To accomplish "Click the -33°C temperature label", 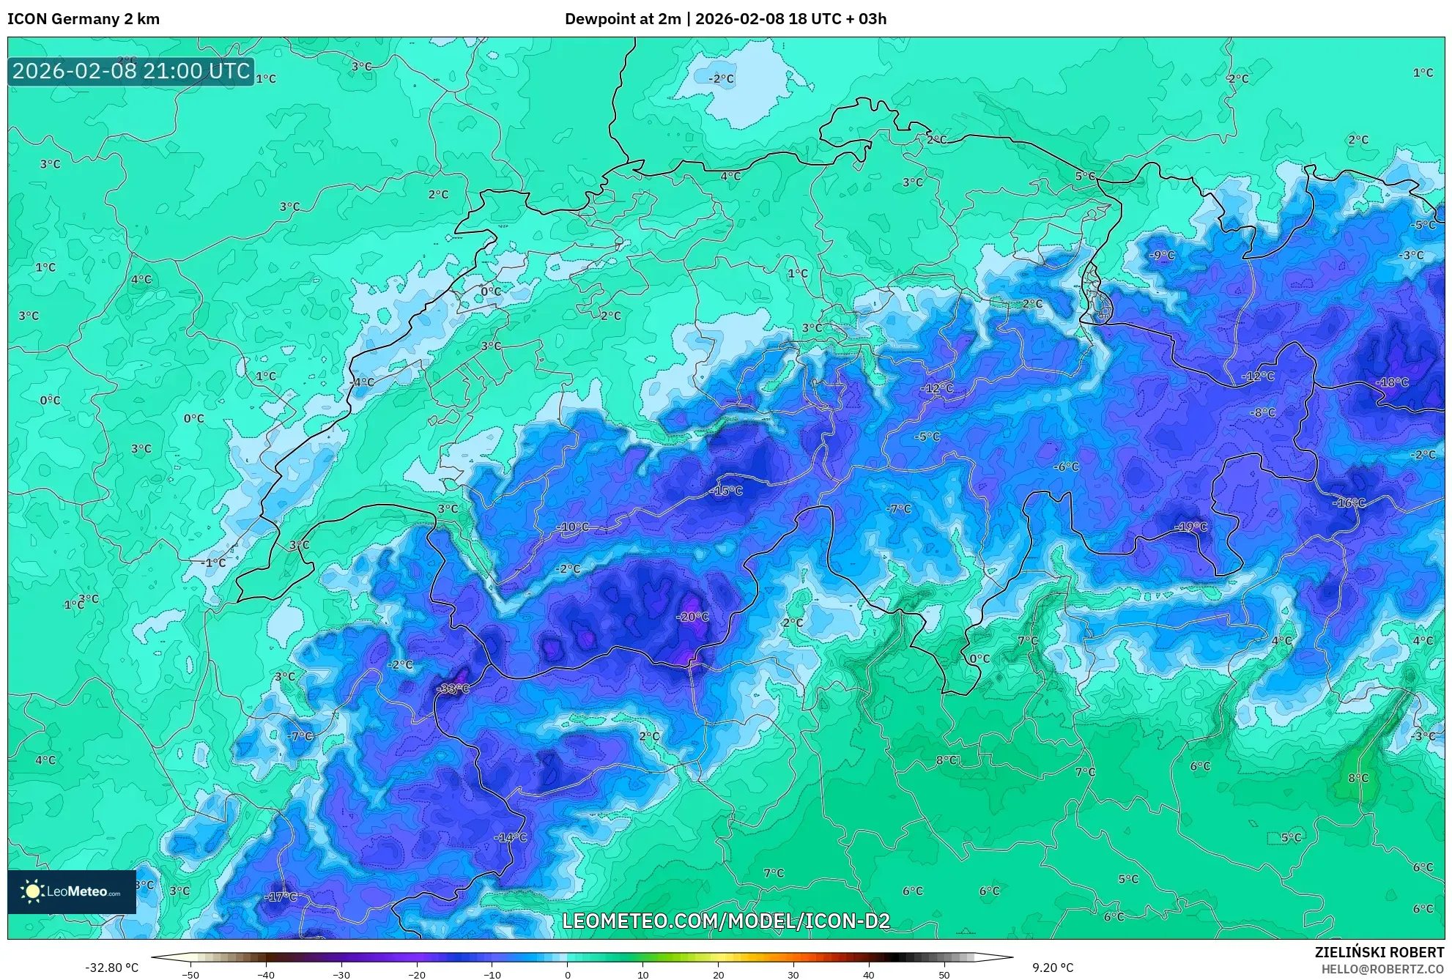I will click(452, 689).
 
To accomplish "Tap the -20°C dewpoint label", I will click(692, 617).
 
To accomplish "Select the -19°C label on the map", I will click(1190, 527).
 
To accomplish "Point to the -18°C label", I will click(1392, 382).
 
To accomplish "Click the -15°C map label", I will click(726, 491).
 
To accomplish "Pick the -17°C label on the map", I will click(281, 897).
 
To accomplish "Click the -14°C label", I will click(510, 837).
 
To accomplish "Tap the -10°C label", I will click(572, 527).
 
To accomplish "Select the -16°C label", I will click(1349, 503).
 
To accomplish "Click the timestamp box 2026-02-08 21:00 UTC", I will click(131, 72).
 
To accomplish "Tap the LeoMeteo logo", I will click(72, 892).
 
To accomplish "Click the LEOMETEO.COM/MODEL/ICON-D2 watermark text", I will click(725, 921).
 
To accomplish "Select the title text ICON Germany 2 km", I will click(84, 19).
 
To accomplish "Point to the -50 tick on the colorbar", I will click(190, 975).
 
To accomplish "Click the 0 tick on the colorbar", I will click(567, 975).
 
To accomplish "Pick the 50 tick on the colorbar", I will click(944, 975).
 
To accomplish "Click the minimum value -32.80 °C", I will click(111, 968).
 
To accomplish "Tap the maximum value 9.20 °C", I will click(1053, 968).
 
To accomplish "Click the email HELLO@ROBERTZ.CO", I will click(1382, 969).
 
